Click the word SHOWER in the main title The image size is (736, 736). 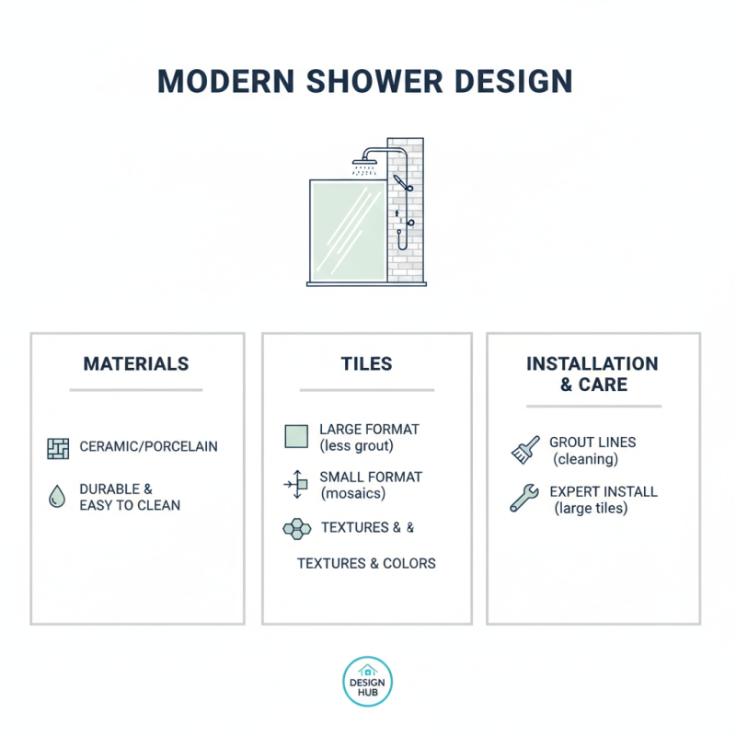tap(363, 81)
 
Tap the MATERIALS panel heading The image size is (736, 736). tap(136, 363)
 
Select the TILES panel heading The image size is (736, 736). tap(367, 363)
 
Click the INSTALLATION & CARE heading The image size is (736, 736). tap(592, 374)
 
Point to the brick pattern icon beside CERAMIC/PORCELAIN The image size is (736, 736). tap(58, 448)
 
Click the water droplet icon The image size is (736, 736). tap(57, 497)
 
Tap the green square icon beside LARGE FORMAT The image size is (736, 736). tap(296, 436)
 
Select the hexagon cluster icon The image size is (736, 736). tap(296, 528)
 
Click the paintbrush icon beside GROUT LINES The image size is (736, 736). tap(524, 450)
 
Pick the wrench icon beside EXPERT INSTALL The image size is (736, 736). tap(524, 499)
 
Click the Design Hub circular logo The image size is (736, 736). tap(367, 682)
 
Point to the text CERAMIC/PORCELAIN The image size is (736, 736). tap(149, 447)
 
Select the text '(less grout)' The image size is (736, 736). tap(357, 446)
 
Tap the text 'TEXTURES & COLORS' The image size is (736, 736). tap(366, 563)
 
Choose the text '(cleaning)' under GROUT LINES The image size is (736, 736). tap(585, 459)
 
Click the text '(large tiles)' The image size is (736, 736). tap(591, 508)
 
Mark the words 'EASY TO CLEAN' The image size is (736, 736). tap(130, 505)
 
